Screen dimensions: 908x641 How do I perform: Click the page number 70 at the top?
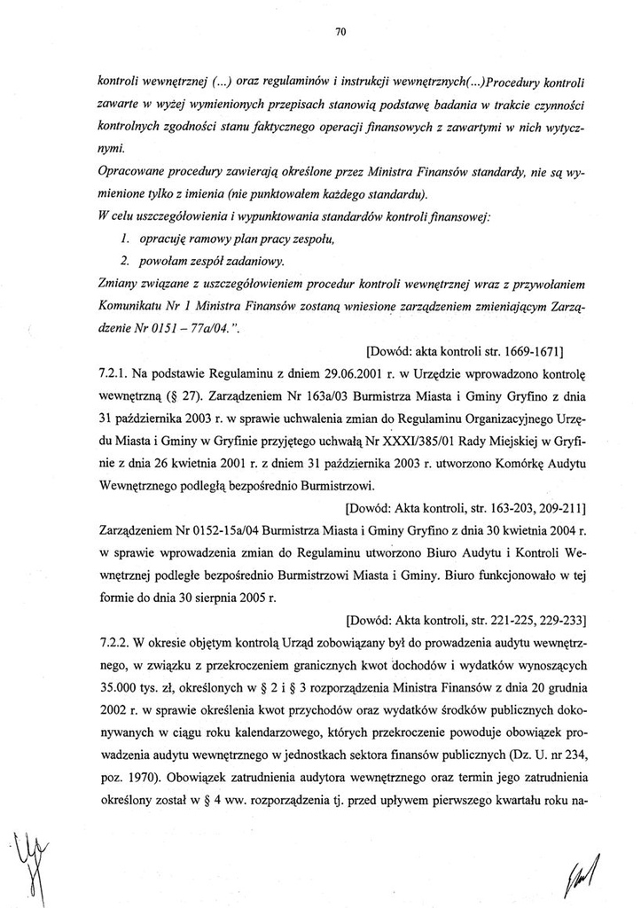click(x=339, y=32)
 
